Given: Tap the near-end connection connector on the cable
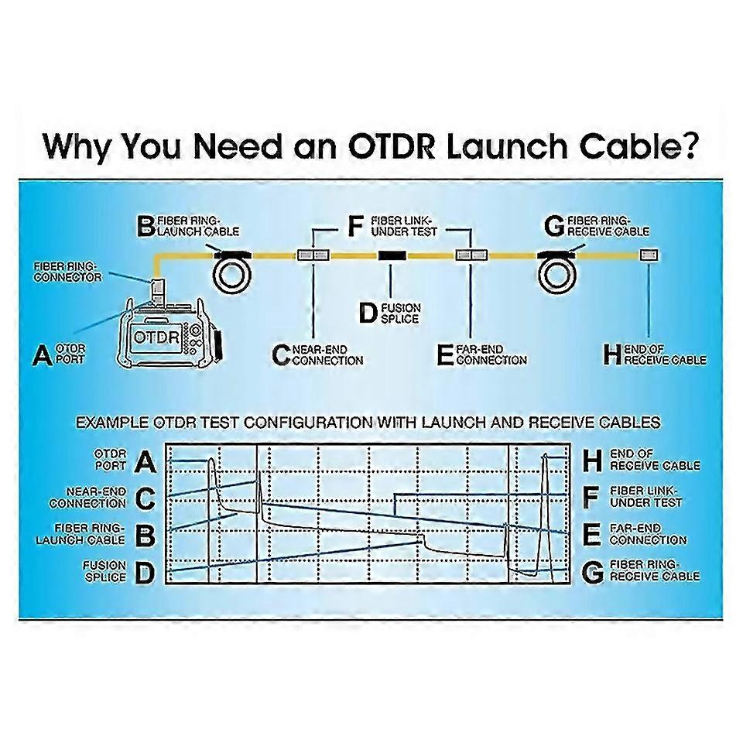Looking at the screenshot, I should point(313,255).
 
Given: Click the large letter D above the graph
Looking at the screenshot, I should point(368,313).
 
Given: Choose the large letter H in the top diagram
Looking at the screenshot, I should point(612,355).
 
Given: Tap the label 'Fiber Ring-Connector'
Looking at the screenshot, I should point(68,271).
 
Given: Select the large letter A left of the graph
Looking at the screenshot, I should point(146,462).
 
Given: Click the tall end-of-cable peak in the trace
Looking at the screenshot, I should point(544,464).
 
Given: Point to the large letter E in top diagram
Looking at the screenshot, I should point(444,354).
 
